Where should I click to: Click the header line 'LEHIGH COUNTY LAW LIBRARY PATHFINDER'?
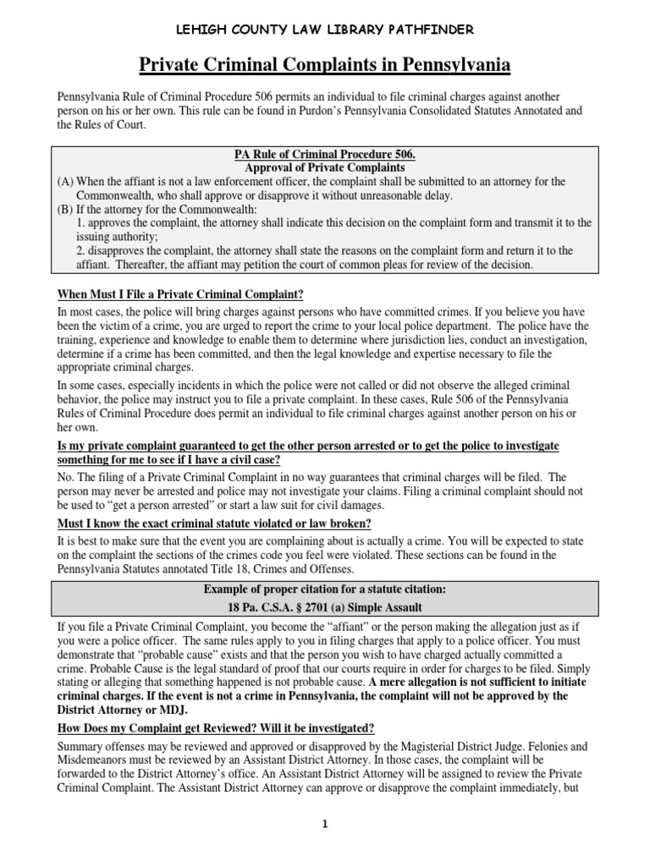(325, 30)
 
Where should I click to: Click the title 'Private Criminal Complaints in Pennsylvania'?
(325, 65)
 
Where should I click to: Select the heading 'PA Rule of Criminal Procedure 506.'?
(325, 154)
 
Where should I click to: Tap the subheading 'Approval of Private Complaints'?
(325, 167)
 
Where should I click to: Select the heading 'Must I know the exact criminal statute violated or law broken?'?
(214, 523)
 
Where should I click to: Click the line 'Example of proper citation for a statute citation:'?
(325, 589)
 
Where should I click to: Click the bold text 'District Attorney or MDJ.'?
(122, 709)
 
